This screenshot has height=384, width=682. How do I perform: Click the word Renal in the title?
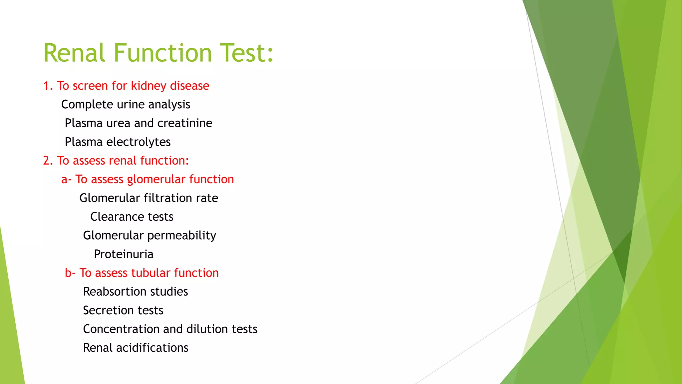coord(74,53)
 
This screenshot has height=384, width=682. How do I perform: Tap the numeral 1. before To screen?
coord(48,86)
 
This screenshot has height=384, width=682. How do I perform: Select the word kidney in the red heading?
coord(149,86)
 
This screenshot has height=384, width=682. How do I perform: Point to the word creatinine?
coord(184,123)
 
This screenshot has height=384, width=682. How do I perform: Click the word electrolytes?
coord(138,142)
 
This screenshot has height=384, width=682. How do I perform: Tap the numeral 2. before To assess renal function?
coord(48,161)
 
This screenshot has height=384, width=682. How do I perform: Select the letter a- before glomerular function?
coord(66,180)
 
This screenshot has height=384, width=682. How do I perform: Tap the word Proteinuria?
coord(124,254)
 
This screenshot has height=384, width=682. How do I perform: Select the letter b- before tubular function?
coord(70,273)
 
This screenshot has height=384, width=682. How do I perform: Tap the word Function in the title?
coord(163,53)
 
